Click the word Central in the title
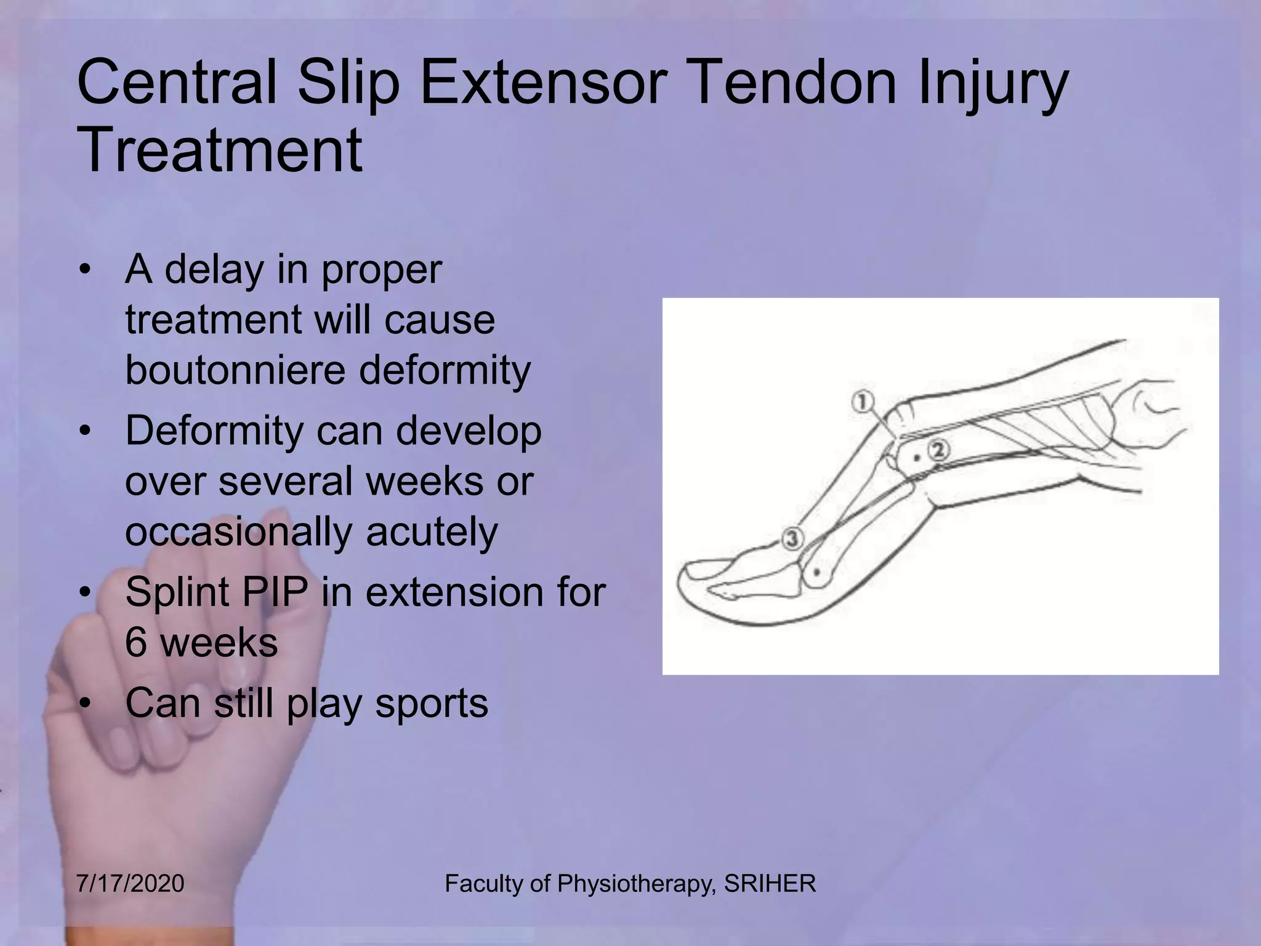click(x=177, y=83)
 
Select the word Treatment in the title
click(x=220, y=150)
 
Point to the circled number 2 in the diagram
click(x=938, y=450)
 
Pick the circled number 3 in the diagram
click(x=793, y=538)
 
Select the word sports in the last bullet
click(x=432, y=702)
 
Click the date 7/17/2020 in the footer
click(x=131, y=884)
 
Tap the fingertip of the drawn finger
click(x=683, y=582)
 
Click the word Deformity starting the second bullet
click(x=213, y=430)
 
